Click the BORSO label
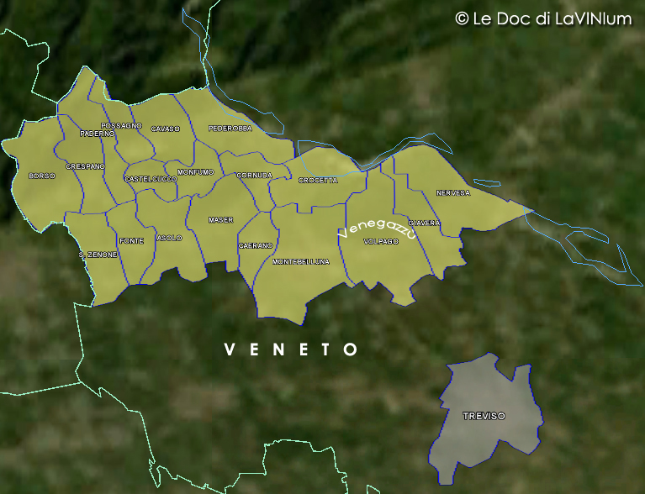point(41,176)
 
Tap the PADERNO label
point(97,134)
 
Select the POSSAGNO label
point(121,125)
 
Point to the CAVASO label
point(166,129)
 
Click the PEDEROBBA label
point(230,129)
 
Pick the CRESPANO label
point(85,166)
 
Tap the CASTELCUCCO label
point(151,179)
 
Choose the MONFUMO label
point(196,172)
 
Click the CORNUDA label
point(254,176)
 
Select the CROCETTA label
point(318,181)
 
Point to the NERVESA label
point(453,193)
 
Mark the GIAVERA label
point(424,223)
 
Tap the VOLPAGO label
point(380,242)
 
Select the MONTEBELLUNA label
point(301,262)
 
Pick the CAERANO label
point(256,245)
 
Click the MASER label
point(220,220)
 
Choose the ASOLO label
point(169,239)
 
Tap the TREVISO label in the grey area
point(484,417)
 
